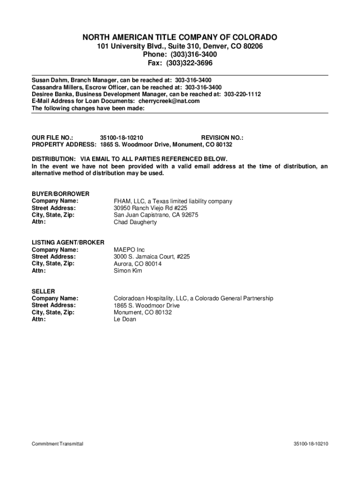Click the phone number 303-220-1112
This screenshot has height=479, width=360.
click(x=242, y=94)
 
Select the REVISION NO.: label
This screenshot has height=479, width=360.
click(x=222, y=138)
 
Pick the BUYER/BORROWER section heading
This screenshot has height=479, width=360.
click(x=60, y=194)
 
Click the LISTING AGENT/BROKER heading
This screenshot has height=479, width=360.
click(x=68, y=242)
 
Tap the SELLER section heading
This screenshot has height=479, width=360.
click(x=43, y=291)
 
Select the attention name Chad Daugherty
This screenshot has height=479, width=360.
click(x=136, y=222)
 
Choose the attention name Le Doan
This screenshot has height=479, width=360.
click(x=125, y=319)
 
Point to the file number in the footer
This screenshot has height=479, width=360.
click(x=311, y=443)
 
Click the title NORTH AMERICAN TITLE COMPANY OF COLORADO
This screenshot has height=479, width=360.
click(x=180, y=37)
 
